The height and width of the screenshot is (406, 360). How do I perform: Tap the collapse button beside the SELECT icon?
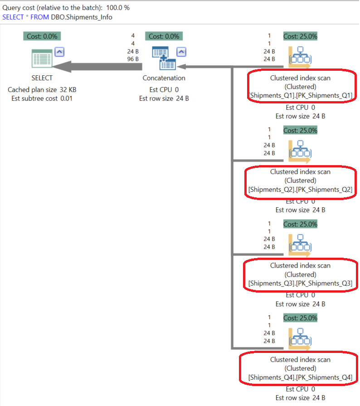59,52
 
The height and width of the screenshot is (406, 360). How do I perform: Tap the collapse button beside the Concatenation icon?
181,52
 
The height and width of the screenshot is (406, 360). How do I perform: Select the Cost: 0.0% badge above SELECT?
42,36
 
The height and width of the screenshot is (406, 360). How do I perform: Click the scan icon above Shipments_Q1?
300,57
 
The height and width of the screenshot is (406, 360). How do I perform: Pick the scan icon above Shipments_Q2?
300,151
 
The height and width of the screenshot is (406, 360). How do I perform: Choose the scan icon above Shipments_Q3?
300,245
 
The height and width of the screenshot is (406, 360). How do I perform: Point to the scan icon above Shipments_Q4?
300,338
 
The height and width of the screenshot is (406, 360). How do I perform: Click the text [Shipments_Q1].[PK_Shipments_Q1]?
300,95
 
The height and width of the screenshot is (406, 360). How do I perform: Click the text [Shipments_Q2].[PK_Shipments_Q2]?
300,189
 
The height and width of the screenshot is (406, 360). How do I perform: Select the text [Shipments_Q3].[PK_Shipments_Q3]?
300,283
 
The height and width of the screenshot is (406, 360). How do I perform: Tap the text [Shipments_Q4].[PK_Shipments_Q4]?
300,377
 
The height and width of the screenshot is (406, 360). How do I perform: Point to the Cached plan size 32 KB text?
42,90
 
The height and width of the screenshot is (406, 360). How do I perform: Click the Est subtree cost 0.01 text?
42,98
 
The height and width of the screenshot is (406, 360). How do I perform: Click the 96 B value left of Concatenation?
132,59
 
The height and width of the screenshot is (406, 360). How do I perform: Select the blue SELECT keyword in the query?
12,17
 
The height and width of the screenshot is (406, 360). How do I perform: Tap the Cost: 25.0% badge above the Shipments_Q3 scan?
300,224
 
